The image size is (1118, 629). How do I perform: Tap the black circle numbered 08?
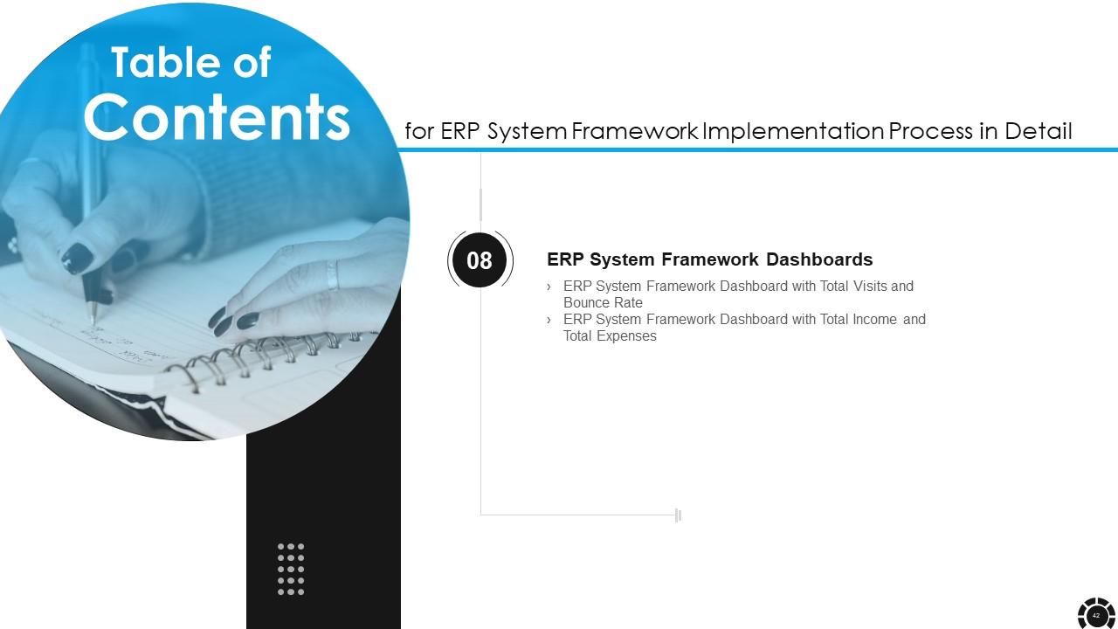pyautogui.click(x=480, y=260)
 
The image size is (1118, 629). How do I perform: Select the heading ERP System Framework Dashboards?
pyautogui.click(x=709, y=259)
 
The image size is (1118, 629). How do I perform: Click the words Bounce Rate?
pyautogui.click(x=603, y=303)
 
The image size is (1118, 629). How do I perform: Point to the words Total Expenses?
pyautogui.click(x=610, y=336)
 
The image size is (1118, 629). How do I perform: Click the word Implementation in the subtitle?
pyautogui.click(x=792, y=132)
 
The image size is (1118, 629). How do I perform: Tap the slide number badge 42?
pyautogui.click(x=1095, y=615)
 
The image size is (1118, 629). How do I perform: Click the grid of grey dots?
pyautogui.click(x=291, y=569)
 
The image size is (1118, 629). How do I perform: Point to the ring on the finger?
pyautogui.click(x=332, y=274)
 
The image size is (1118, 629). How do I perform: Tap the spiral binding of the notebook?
pyautogui.click(x=262, y=355)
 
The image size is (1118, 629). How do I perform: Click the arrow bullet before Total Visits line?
pyautogui.click(x=549, y=287)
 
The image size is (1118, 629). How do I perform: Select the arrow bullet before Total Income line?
pyautogui.click(x=549, y=320)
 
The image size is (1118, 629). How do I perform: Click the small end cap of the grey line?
pyautogui.click(x=678, y=515)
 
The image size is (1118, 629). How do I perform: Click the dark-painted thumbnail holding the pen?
pyautogui.click(x=77, y=258)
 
